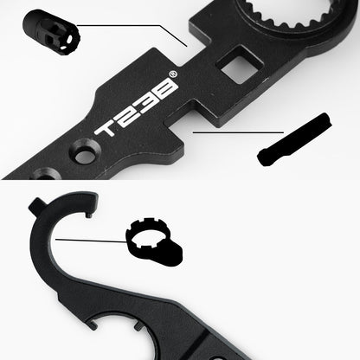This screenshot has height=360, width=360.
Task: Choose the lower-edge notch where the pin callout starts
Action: pyautogui.click(x=186, y=132)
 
